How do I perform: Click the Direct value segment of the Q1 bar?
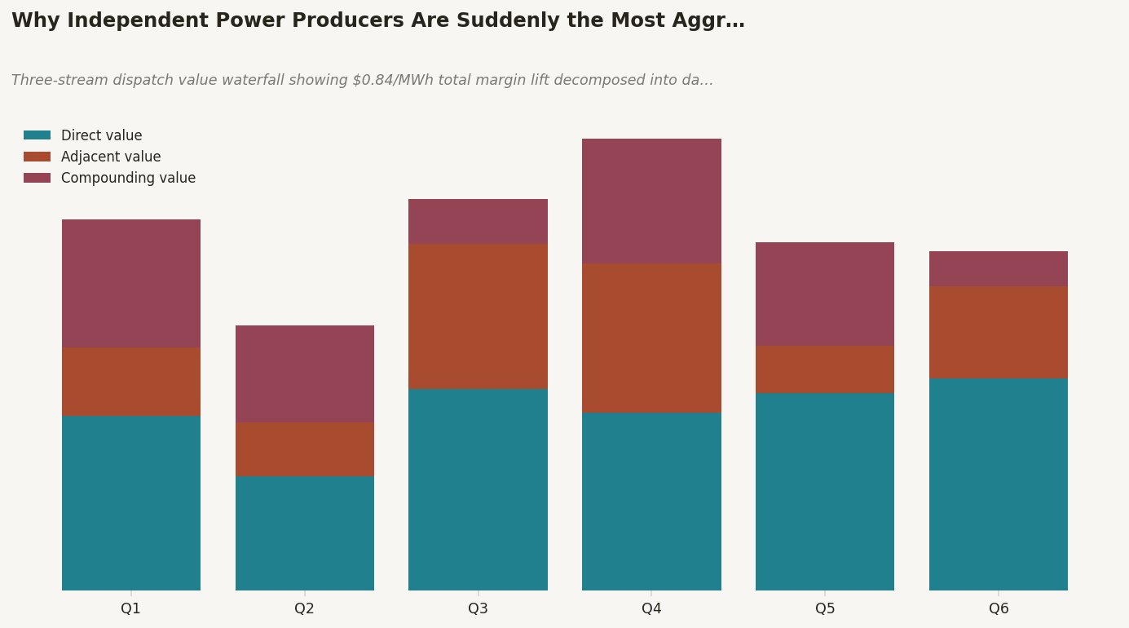pos(131,503)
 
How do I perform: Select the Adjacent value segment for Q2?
pos(305,449)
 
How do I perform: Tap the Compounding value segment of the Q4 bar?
pos(651,201)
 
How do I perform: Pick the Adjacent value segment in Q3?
pos(478,316)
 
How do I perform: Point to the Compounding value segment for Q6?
pos(999,269)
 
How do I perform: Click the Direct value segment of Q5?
pos(825,492)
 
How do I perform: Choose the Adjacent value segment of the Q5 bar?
pos(825,369)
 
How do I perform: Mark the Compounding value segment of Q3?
pos(478,222)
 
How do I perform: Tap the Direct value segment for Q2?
pos(305,533)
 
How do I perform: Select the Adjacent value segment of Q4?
pos(651,338)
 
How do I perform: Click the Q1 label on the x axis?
pos(131,608)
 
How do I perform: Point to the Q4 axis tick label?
pos(651,608)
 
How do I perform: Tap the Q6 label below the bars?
pos(999,608)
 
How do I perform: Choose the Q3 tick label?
pos(478,608)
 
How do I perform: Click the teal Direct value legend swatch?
pos(37,135)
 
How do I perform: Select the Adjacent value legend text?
pos(111,157)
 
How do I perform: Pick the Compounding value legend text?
pos(128,178)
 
